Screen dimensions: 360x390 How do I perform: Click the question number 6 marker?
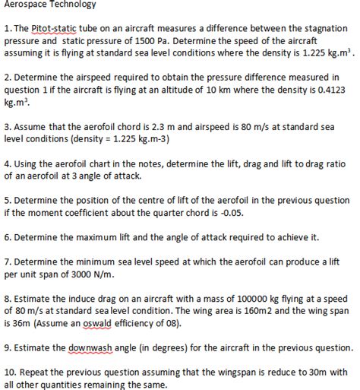pyautogui.click(x=8, y=237)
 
